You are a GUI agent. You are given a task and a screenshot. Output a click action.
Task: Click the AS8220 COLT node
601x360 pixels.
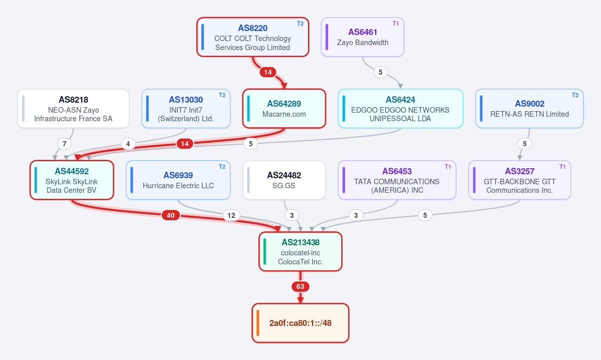click(253, 37)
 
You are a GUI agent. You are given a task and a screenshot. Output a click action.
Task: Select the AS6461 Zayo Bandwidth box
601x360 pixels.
click(363, 37)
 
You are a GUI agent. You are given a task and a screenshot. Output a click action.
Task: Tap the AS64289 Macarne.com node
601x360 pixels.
click(284, 109)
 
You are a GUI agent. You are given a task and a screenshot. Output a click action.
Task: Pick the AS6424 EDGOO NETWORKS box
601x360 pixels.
click(400, 109)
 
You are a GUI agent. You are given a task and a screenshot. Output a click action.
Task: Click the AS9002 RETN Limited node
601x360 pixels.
click(529, 109)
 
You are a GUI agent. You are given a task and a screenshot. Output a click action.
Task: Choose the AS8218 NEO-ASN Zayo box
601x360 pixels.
click(73, 109)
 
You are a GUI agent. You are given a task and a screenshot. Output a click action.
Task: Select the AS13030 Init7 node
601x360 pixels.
click(186, 109)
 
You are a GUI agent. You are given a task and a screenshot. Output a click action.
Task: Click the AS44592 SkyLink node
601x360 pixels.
click(72, 180)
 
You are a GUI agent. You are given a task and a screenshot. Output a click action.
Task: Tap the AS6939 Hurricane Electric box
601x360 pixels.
click(178, 180)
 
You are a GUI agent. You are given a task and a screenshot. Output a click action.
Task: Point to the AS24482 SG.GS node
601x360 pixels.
click(284, 180)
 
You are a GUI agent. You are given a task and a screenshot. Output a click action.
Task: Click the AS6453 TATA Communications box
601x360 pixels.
click(397, 180)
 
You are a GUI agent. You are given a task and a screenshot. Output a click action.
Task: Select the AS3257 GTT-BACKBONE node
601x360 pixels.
click(520, 180)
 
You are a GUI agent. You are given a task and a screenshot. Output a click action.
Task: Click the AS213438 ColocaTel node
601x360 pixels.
click(300, 252)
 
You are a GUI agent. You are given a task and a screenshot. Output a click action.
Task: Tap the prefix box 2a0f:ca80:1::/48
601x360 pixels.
click(300, 323)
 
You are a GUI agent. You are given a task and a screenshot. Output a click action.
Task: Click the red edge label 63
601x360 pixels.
click(300, 286)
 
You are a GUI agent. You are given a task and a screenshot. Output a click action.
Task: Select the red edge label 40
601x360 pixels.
click(171, 215)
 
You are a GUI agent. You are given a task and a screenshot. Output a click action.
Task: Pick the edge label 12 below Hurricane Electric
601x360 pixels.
click(231, 215)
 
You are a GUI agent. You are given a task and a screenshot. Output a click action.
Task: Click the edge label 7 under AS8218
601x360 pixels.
click(65, 144)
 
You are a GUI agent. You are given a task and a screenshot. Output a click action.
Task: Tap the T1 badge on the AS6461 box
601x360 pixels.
click(396, 24)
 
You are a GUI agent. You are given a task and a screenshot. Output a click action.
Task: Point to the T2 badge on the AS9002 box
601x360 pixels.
click(575, 95)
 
